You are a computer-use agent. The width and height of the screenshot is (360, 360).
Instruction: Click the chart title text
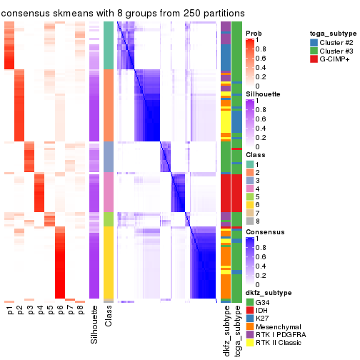(123, 13)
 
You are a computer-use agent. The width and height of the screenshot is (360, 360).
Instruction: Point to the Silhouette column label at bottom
(95, 324)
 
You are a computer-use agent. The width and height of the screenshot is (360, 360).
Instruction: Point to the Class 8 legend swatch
(249, 221)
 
